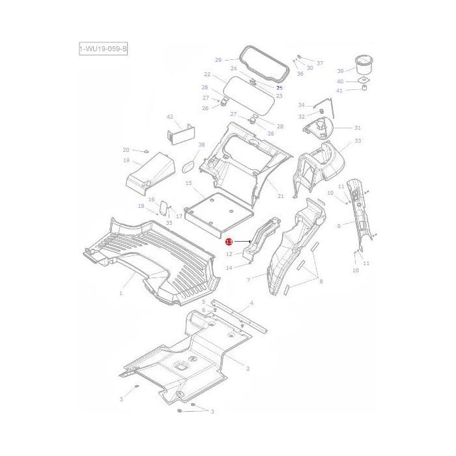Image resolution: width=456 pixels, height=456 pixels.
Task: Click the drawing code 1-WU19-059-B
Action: [103, 50]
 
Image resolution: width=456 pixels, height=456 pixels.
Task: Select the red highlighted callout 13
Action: [229, 241]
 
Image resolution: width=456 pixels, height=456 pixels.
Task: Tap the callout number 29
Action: [218, 59]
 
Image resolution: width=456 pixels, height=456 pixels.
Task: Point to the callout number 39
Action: [340, 70]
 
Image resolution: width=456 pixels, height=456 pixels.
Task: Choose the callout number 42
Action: [170, 117]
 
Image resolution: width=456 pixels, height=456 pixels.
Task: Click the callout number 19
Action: [126, 160]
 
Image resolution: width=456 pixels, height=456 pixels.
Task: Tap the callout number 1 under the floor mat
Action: [121, 294]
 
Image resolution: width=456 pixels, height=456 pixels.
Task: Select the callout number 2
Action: [248, 369]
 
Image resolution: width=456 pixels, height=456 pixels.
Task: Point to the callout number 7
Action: [248, 279]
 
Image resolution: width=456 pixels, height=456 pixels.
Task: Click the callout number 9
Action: [339, 226]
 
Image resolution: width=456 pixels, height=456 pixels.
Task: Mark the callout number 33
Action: [358, 141]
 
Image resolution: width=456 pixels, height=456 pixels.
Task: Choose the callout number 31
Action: [357, 128]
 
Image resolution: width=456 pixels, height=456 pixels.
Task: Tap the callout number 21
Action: [281, 196]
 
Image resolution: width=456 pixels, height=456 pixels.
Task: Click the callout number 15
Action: [189, 184]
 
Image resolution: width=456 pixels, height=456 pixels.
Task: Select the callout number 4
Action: [251, 304]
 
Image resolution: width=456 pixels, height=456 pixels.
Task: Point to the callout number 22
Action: [207, 74]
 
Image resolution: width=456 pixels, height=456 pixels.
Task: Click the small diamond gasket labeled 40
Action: [362, 81]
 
